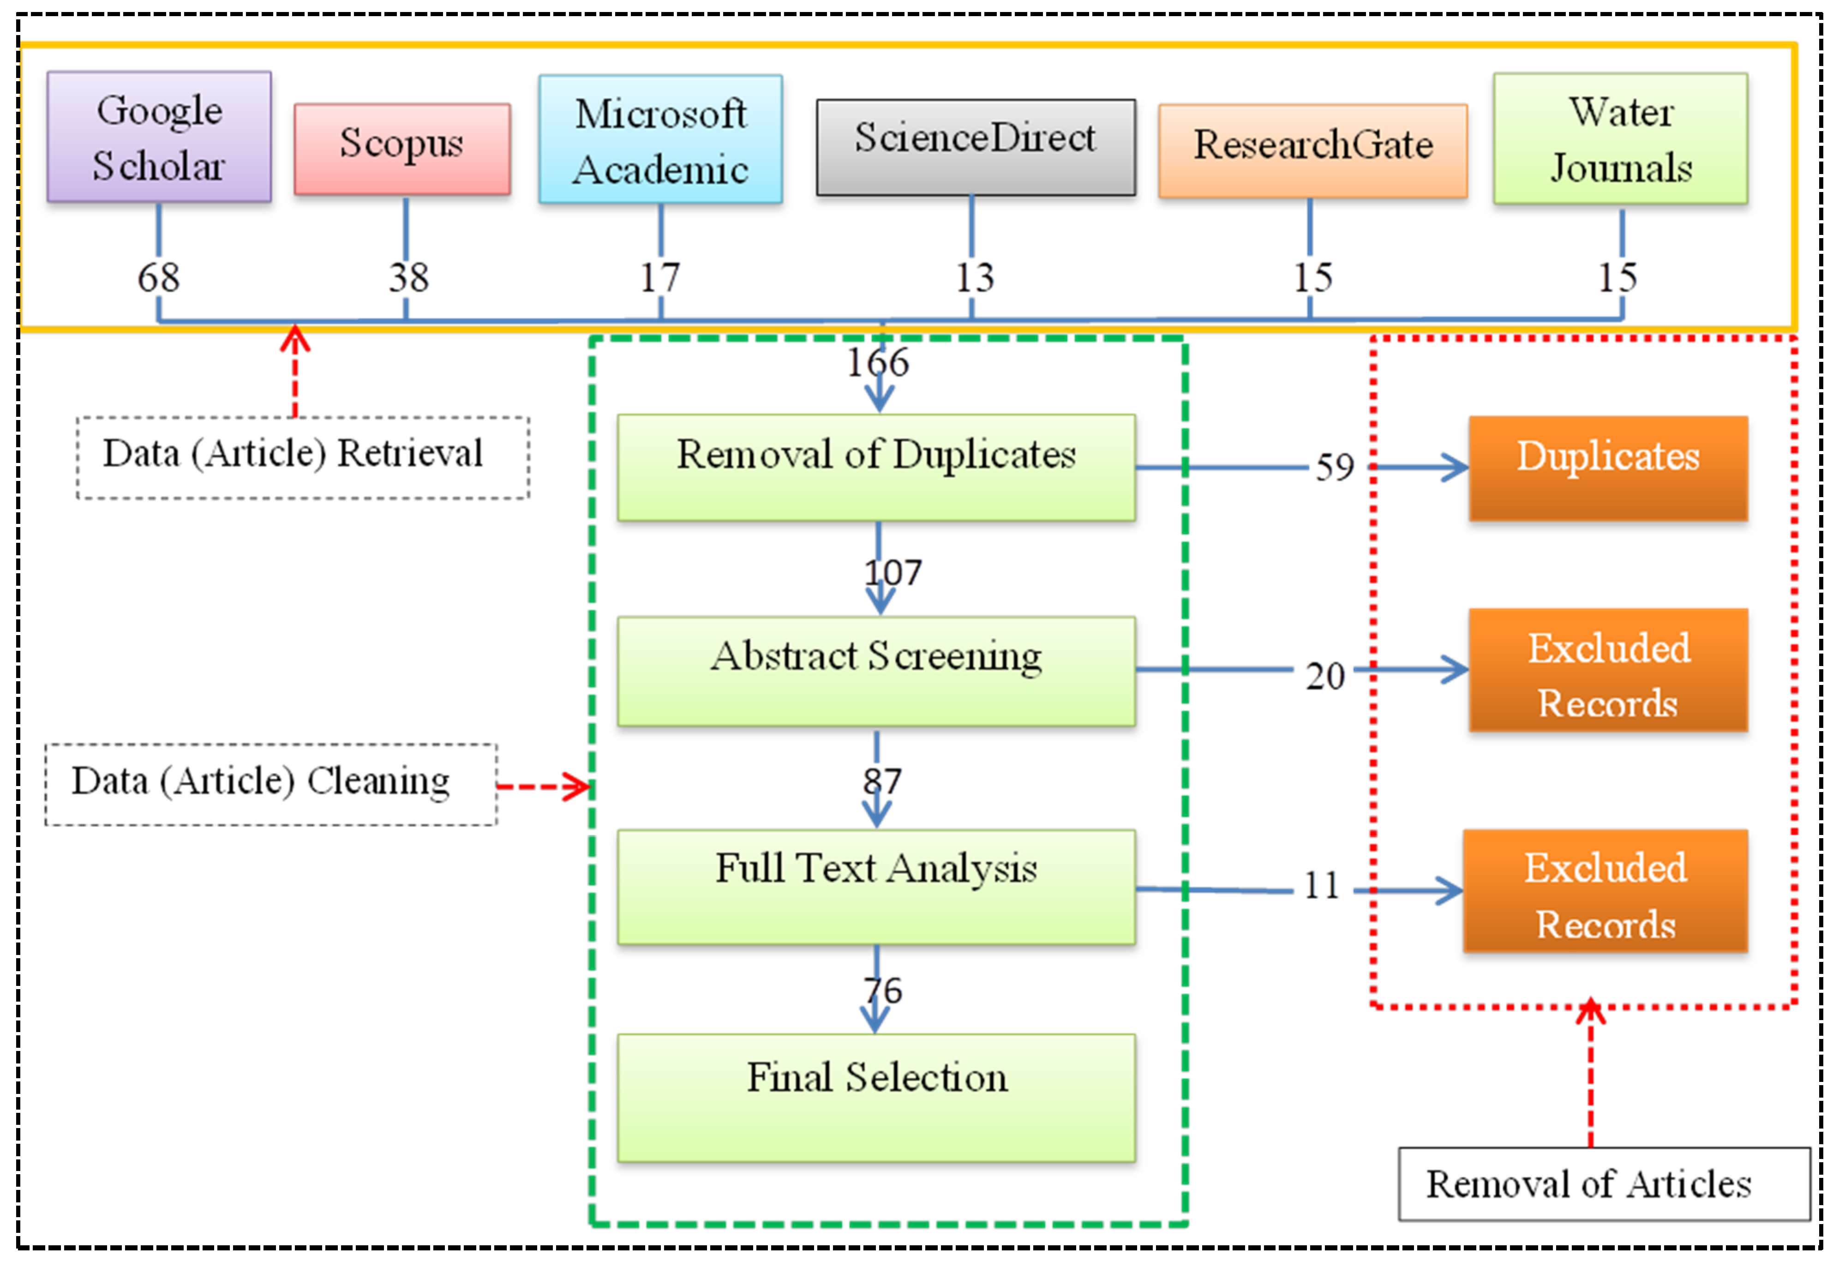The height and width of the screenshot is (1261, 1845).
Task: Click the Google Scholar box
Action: coord(159,137)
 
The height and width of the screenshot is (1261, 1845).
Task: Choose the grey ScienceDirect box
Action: coord(975,147)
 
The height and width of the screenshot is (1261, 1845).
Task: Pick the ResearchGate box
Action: coord(1312,150)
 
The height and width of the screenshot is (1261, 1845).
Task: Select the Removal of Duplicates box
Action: coord(876,467)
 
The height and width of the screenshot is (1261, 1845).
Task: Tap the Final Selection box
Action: coord(876,1098)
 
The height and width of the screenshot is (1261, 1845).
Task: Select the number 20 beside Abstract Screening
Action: coord(1324,676)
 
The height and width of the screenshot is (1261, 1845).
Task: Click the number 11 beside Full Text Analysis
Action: coord(1321,885)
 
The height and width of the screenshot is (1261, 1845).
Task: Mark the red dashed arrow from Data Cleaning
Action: coord(543,787)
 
